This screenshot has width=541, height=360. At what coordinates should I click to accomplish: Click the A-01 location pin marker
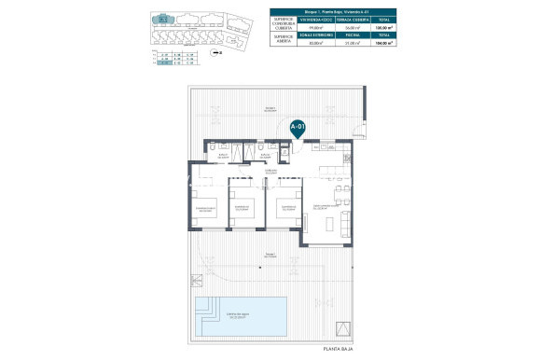298,127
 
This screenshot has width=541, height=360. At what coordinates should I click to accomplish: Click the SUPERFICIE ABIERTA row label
283,38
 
